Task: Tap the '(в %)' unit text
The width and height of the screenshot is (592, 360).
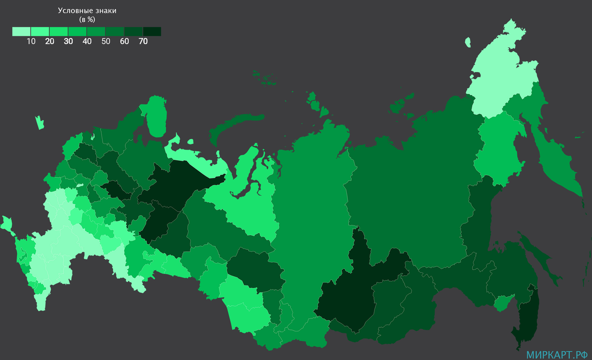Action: (x=87, y=19)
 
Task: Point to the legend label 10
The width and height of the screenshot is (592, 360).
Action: (x=31, y=41)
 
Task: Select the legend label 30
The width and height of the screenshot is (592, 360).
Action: (x=68, y=41)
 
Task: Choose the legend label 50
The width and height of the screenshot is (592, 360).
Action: (x=106, y=41)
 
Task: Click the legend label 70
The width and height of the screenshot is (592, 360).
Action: (x=143, y=41)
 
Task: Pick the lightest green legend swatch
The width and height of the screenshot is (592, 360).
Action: (x=21, y=32)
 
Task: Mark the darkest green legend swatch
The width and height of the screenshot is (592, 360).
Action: (x=152, y=32)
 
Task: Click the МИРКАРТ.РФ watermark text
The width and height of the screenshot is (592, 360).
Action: (x=556, y=354)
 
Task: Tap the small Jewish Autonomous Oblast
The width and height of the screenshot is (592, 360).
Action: (x=503, y=302)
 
